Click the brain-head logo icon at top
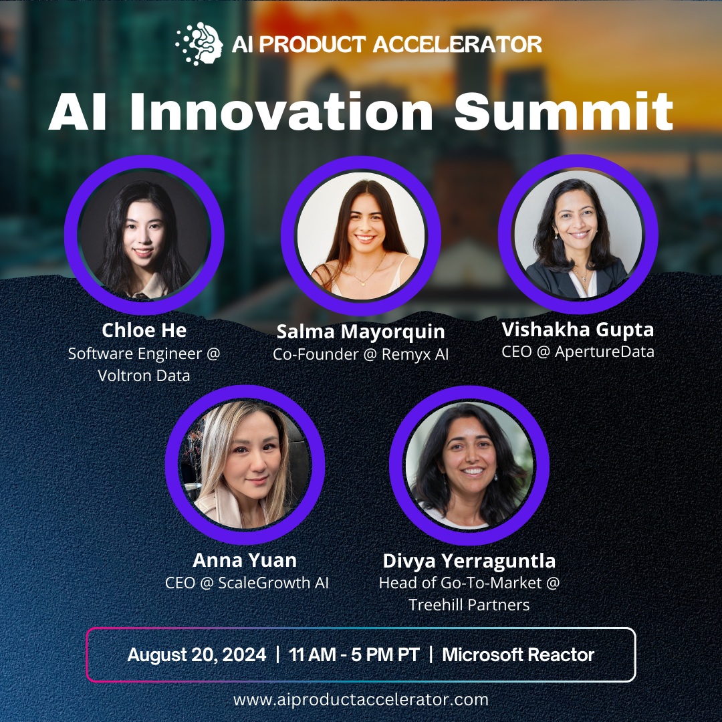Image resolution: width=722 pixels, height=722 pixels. (x=199, y=43)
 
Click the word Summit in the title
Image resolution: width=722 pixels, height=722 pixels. (x=564, y=111)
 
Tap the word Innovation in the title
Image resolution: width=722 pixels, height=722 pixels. (x=281, y=111)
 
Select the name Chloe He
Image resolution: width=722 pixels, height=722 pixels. (x=144, y=330)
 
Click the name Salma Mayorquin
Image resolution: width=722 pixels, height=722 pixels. (x=360, y=332)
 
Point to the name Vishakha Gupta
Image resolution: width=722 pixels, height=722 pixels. (x=578, y=330)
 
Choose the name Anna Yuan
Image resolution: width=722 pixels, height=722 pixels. (x=245, y=560)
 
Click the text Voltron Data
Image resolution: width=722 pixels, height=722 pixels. (x=144, y=376)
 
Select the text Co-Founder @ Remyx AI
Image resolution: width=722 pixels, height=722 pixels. (x=360, y=354)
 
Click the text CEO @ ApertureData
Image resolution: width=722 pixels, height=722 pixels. (x=578, y=352)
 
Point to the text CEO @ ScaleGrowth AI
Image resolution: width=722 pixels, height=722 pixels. (x=247, y=583)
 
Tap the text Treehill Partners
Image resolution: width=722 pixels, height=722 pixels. (x=469, y=605)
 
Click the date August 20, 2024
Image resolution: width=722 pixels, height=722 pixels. (x=197, y=654)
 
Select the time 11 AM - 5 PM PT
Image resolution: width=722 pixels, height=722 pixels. (x=354, y=654)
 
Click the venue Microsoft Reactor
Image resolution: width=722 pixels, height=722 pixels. (x=518, y=654)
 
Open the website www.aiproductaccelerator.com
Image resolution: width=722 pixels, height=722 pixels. (x=361, y=700)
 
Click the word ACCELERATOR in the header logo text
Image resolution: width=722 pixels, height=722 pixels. (x=457, y=45)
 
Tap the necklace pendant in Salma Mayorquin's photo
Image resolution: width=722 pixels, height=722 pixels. (x=363, y=283)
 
